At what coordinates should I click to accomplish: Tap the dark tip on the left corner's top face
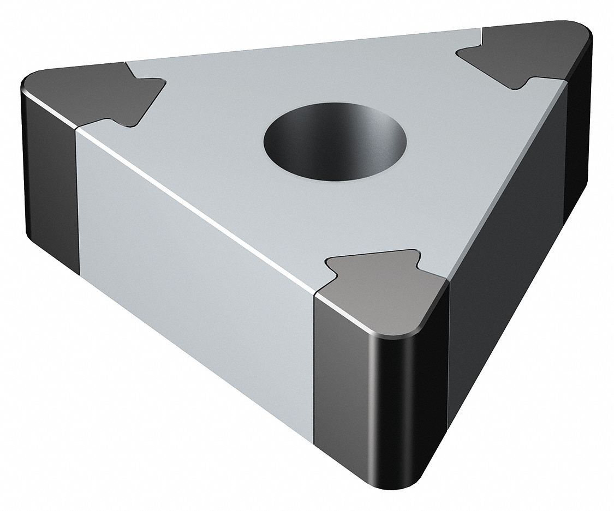87,90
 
